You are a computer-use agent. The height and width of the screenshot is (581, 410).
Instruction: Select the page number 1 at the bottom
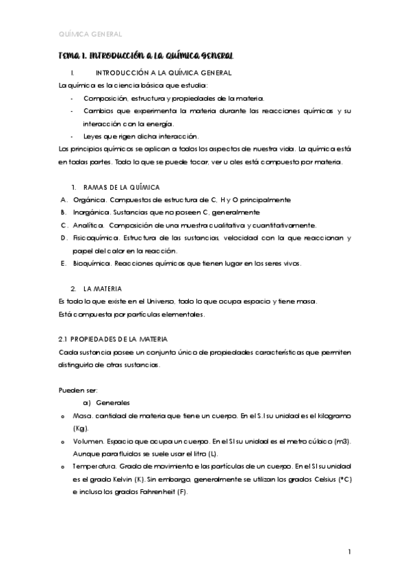(349, 552)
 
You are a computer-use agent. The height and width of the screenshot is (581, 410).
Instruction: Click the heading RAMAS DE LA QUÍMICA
(121, 187)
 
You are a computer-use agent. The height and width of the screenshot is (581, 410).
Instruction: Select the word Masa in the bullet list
(82, 416)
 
